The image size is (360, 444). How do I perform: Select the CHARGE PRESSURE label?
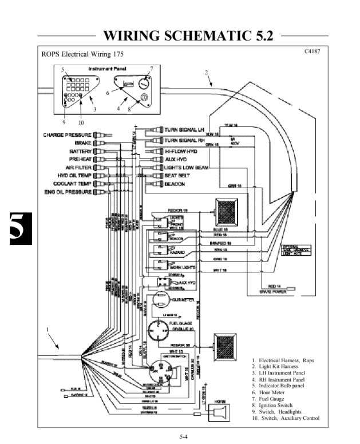67,135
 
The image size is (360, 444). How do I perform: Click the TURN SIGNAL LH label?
184,131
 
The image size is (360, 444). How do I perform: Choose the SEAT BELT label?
176,176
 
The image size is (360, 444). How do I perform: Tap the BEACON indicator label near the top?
175,184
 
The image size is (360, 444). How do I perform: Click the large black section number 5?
17,231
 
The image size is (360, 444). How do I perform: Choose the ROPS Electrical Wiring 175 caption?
82,55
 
